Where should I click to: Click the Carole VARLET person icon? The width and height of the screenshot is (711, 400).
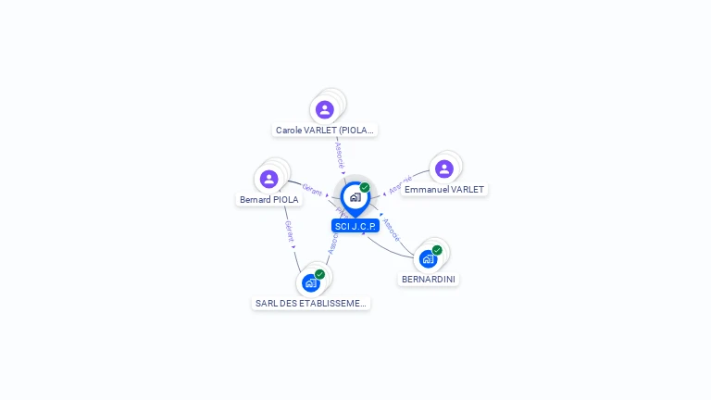pyautogui.click(x=324, y=109)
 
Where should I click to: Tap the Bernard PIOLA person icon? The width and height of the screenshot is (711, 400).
pyautogui.click(x=269, y=179)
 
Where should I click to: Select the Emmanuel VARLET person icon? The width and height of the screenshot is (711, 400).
pyautogui.click(x=444, y=169)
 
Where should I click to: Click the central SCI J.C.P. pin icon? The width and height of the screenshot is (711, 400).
pyautogui.click(x=355, y=197)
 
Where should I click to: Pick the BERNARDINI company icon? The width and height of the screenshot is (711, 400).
pyautogui.click(x=428, y=258)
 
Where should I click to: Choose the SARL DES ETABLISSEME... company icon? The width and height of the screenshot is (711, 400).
pyautogui.click(x=311, y=282)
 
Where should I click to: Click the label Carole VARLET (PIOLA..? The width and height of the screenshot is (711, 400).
pyautogui.click(x=325, y=131)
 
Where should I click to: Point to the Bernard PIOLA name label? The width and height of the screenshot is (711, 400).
pyautogui.click(x=269, y=199)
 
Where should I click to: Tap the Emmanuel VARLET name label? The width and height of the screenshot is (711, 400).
pyautogui.click(x=444, y=189)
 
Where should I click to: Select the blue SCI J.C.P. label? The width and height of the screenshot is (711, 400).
pyautogui.click(x=355, y=226)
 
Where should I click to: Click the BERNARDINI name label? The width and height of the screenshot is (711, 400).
pyautogui.click(x=429, y=279)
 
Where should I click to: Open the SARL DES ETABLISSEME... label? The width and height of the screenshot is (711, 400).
pyautogui.click(x=311, y=303)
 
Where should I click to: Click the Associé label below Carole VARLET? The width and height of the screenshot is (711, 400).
pyautogui.click(x=339, y=154)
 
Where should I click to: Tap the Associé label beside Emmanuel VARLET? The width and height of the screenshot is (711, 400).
pyautogui.click(x=400, y=184)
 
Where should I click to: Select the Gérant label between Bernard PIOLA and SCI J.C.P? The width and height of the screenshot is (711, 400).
pyautogui.click(x=312, y=190)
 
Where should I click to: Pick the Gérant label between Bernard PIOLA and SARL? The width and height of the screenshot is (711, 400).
pyautogui.click(x=289, y=231)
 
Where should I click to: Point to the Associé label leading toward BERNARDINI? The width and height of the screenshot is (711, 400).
pyautogui.click(x=391, y=228)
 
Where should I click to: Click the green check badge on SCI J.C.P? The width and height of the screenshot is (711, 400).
pyautogui.click(x=365, y=187)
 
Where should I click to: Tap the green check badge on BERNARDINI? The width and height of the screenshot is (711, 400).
pyautogui.click(x=437, y=250)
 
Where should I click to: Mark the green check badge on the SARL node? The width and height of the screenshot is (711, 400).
pyautogui.click(x=319, y=274)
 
